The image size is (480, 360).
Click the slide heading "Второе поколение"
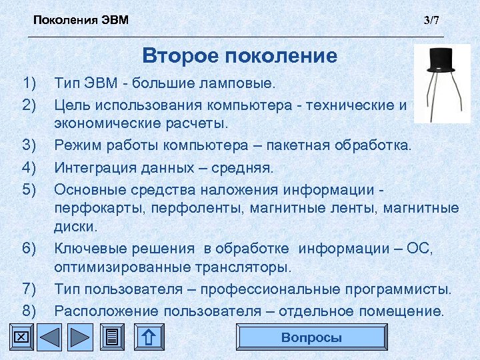[240, 55]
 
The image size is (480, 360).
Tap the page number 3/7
[432, 20]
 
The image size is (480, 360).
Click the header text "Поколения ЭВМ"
[81, 20]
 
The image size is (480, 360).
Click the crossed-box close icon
[21, 337]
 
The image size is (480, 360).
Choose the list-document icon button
[113, 337]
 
